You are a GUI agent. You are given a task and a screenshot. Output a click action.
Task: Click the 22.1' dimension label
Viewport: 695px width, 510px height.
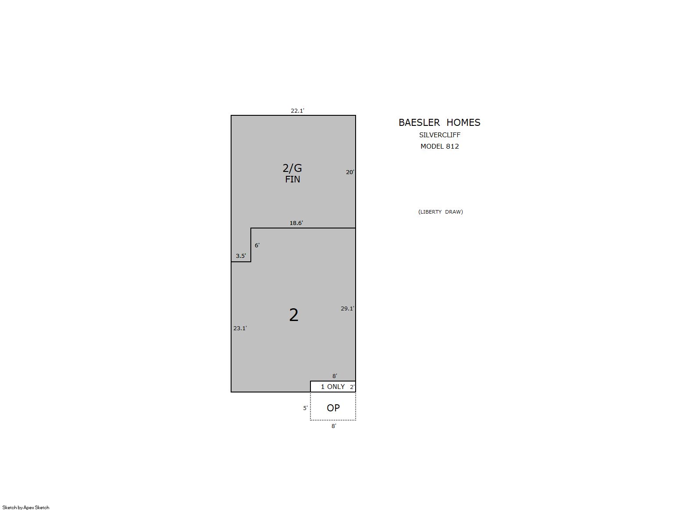coord(297,111)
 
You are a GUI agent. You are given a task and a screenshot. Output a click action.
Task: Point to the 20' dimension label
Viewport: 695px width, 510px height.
coord(350,172)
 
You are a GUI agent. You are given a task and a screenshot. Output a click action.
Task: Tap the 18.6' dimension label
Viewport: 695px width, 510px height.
coord(296,223)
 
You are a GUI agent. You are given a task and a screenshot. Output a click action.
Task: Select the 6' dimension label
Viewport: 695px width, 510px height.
coord(257,246)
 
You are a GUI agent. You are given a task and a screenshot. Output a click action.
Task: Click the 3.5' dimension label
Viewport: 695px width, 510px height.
coord(241,256)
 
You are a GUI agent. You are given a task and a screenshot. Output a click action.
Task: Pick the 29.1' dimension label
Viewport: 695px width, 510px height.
coord(347,308)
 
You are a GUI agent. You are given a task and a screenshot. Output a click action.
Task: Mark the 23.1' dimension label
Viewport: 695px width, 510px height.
coord(240,328)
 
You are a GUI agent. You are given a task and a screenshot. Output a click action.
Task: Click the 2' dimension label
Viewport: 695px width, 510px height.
coord(352,387)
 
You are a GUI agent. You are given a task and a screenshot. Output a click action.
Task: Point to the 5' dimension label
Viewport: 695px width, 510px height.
coord(305,408)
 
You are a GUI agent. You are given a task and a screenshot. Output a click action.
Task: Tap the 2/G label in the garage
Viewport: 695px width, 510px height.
coord(292,168)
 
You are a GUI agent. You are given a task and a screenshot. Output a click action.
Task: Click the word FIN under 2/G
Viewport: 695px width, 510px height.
coord(292,179)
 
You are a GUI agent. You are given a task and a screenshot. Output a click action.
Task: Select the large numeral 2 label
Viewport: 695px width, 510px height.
coord(293,315)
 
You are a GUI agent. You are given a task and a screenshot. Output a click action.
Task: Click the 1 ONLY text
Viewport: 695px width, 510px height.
coord(333,387)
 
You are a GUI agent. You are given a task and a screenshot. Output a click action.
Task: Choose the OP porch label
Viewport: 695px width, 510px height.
coord(333,408)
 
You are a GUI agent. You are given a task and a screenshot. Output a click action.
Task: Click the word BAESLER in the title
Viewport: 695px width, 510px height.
coord(419,122)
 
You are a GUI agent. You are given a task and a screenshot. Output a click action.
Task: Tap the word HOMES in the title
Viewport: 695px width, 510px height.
coord(463,122)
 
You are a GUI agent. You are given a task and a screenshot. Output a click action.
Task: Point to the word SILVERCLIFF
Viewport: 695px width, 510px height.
coord(440,135)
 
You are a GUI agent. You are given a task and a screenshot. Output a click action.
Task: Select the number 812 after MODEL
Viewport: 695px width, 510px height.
coord(452,146)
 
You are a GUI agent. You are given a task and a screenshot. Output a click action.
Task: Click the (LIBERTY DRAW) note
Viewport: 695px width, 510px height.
coord(440,212)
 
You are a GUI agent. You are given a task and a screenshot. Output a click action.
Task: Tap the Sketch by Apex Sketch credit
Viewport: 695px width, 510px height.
coord(26,507)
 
